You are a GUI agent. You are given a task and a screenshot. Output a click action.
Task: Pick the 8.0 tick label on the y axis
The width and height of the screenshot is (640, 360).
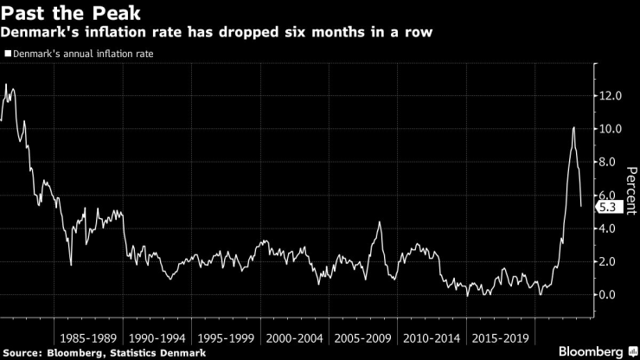pos(612,162)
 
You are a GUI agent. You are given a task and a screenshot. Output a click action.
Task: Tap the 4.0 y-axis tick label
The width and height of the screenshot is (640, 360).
pos(612,228)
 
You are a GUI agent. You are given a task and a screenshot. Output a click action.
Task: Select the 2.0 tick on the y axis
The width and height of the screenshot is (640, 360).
pos(612,261)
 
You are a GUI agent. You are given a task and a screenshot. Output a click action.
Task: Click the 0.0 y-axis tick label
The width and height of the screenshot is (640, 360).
pos(612,294)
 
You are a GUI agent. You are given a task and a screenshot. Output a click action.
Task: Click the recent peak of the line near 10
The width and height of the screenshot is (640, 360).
pos(573,128)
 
